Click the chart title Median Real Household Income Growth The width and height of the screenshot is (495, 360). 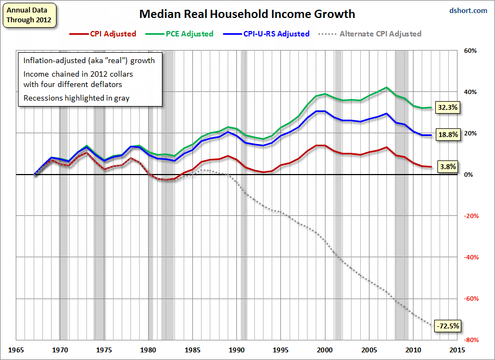247,14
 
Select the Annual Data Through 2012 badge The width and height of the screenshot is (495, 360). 29,15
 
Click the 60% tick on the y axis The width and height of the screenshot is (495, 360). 470,51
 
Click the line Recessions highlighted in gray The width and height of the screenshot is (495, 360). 77,98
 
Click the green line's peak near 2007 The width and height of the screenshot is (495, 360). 386,88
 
